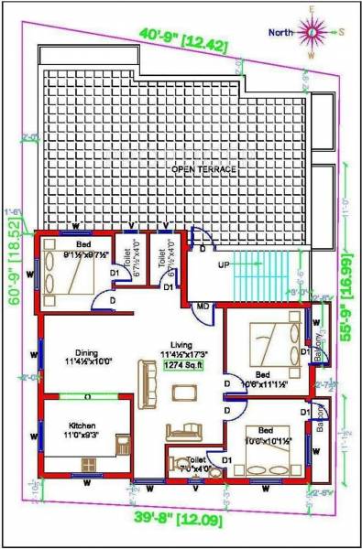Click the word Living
tap(182, 343)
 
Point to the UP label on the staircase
tap(223, 264)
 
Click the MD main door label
tap(203, 306)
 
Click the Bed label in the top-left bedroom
tap(82, 244)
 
